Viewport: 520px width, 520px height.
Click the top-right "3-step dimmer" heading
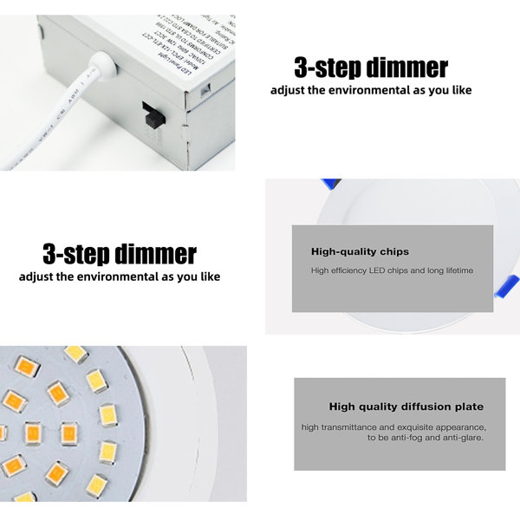pyautogui.click(x=371, y=68)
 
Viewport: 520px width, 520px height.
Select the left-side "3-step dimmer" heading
pyautogui.click(x=120, y=254)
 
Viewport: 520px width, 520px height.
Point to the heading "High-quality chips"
pyautogui.click(x=360, y=251)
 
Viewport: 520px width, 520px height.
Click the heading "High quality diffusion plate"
pyautogui.click(x=406, y=406)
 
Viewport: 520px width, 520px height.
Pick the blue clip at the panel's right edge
pyautogui.click(x=505, y=286)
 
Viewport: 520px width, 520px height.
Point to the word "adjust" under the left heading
pyautogui.click(x=36, y=277)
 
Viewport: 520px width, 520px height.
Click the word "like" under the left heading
pyautogui.click(x=209, y=277)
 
